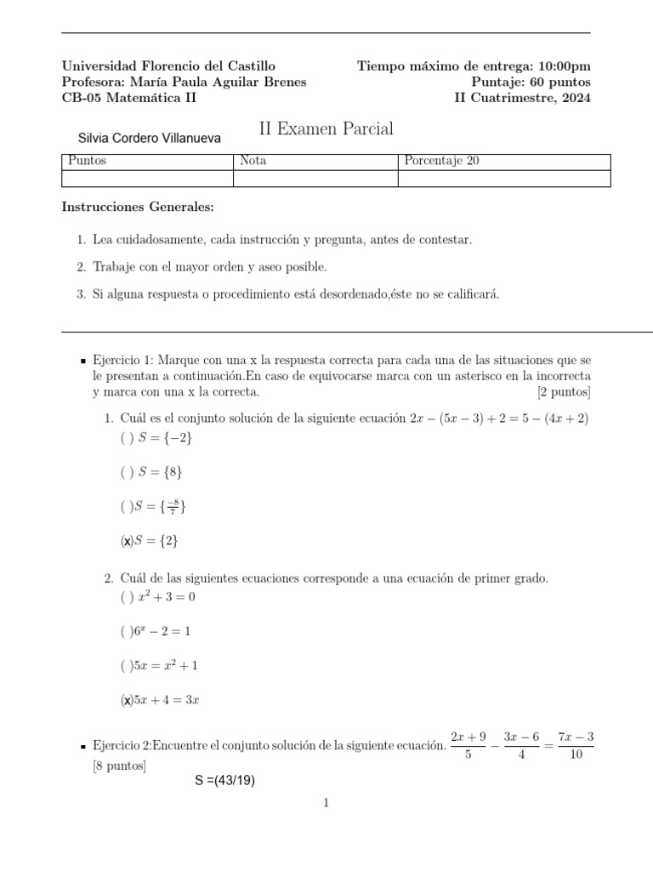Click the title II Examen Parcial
326,129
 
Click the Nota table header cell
253,162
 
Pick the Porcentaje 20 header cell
442,162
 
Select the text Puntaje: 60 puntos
531,83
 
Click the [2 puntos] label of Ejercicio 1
564,392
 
